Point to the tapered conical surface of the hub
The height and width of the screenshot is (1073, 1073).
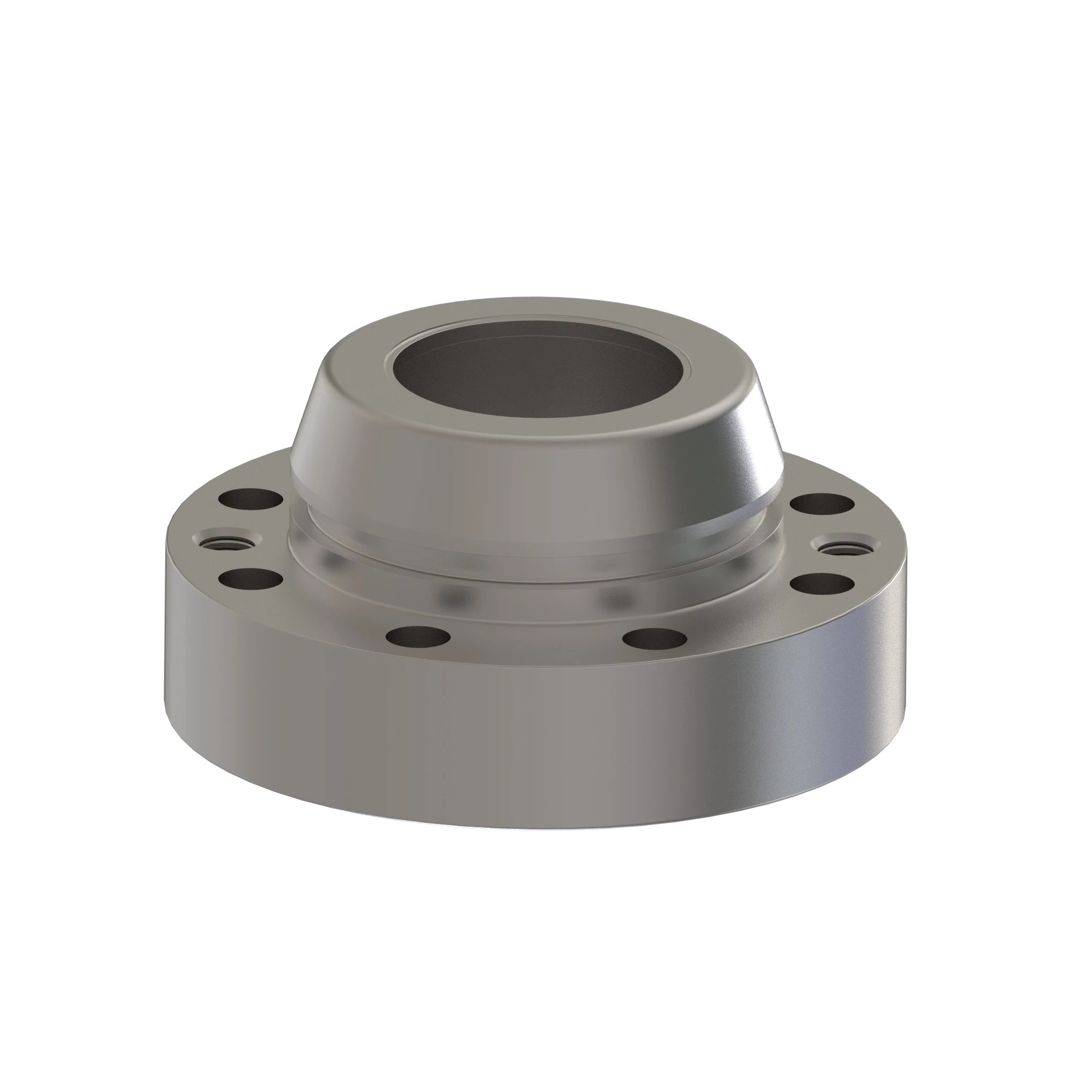tap(533, 467)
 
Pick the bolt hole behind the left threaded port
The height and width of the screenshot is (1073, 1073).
tap(251, 499)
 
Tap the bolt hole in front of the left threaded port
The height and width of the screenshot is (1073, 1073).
tap(251, 579)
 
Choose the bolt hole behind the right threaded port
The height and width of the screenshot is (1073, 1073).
tap(822, 504)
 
